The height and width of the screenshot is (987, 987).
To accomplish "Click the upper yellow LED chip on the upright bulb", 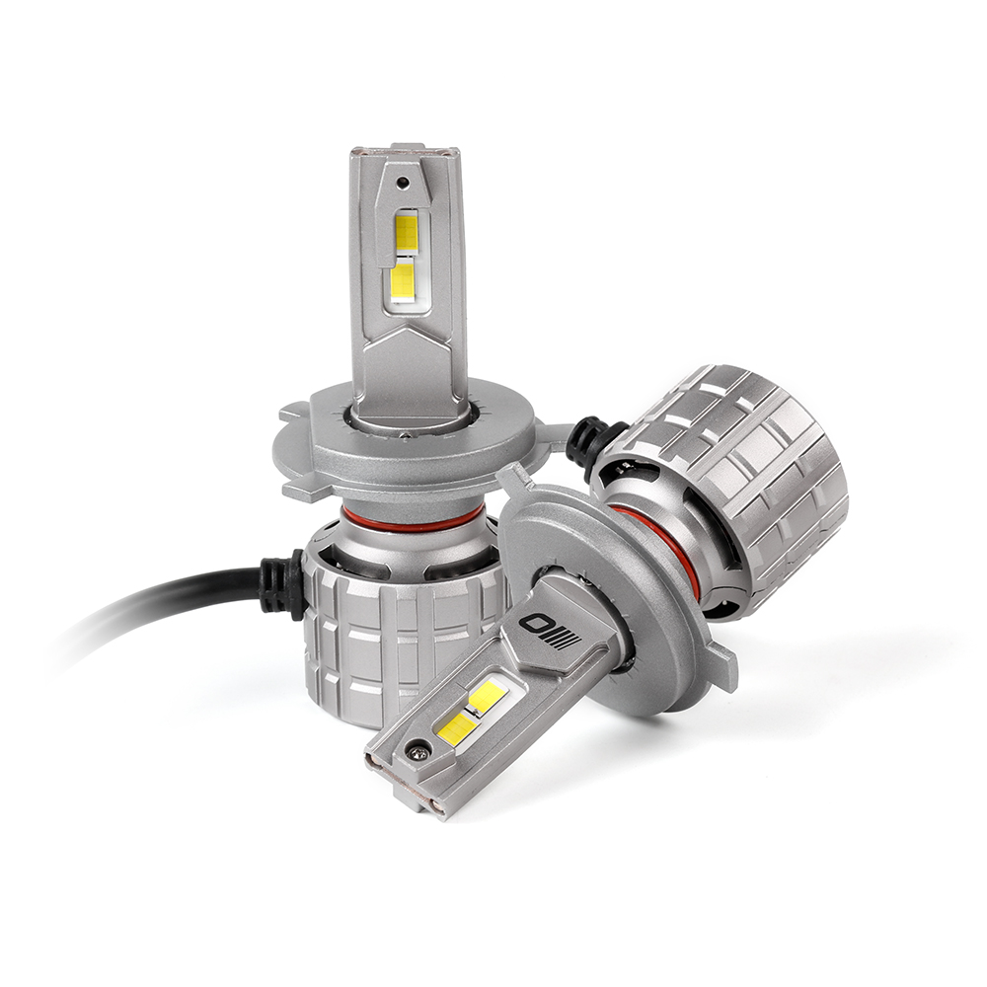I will [x=406, y=231].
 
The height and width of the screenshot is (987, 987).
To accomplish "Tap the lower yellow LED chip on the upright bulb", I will [x=403, y=281].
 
